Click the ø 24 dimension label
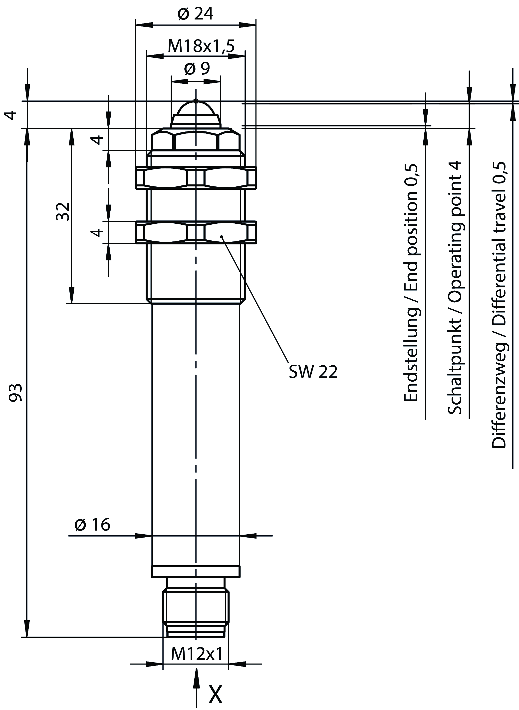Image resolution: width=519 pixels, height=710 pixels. coord(195,14)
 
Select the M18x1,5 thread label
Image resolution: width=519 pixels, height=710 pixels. coord(201,46)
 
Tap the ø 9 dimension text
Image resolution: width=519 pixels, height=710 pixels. coord(197,69)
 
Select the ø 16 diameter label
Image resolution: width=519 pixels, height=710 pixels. coord(92,525)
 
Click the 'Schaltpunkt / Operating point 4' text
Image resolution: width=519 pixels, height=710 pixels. coord(454,288)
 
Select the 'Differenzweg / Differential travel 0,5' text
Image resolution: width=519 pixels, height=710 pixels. coord(499,305)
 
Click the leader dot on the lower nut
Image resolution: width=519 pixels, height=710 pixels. coord(222,236)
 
